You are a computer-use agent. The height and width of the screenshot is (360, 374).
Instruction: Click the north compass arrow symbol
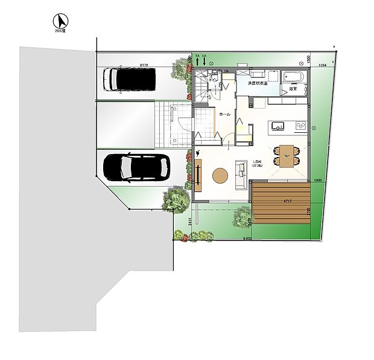(59, 21)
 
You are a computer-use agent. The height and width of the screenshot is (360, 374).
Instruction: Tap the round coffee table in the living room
(220, 175)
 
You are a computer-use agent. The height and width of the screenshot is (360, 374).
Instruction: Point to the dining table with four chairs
(286, 156)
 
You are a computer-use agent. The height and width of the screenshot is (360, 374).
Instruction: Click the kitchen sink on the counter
(278, 126)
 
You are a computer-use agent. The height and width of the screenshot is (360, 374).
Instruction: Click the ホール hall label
(224, 114)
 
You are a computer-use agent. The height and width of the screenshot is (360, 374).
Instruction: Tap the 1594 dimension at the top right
(322, 65)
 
